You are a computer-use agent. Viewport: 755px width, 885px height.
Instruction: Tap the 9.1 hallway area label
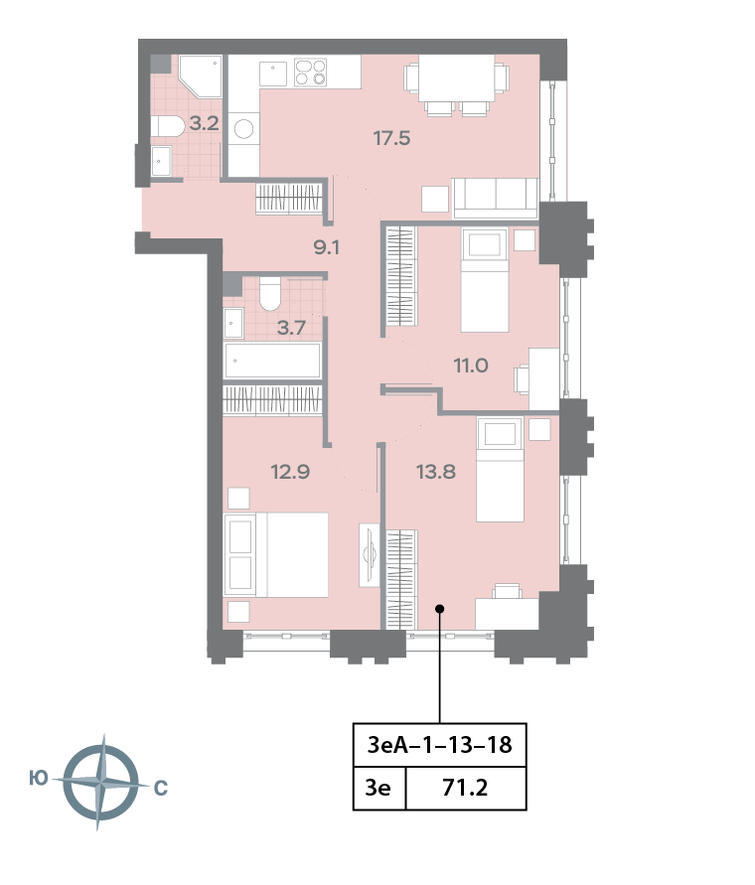(327, 247)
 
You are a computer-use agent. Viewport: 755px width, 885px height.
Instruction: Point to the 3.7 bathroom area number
(291, 328)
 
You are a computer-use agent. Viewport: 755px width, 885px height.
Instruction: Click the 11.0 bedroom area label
(471, 365)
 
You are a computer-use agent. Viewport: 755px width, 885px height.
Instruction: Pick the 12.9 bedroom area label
(291, 472)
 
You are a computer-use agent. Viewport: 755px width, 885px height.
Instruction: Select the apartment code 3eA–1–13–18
(439, 744)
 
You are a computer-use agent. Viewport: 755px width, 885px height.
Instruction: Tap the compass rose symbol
(99, 784)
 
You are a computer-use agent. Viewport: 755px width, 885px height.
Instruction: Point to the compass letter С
(160, 789)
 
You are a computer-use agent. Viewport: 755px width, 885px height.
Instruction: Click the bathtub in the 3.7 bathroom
(272, 362)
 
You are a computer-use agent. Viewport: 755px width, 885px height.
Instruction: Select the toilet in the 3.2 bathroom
(168, 125)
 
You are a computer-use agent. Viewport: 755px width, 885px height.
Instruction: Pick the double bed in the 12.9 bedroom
(277, 554)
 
